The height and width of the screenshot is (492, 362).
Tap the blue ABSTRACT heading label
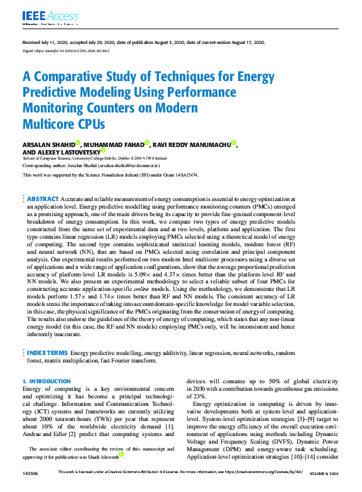43,199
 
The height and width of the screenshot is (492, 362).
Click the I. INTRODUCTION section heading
47,381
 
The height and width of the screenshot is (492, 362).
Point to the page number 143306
30,472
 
